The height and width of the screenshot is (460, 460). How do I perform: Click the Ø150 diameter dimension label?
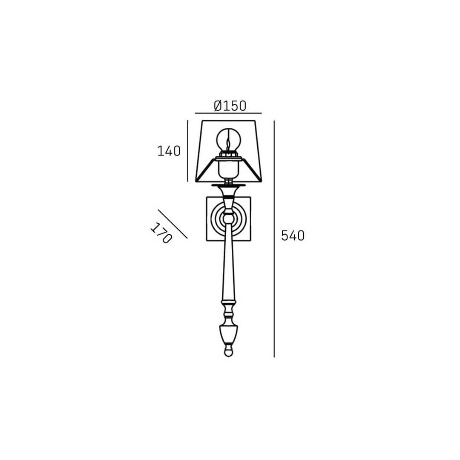coord(230,106)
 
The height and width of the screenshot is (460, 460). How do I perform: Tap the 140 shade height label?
coord(169,151)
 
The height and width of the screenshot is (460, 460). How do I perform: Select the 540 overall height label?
coord(293,236)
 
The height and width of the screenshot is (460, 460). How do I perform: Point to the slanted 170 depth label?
coord(161,233)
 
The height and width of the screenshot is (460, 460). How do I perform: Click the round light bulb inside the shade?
coord(229,139)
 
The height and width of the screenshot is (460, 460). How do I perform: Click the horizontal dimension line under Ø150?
coord(228,113)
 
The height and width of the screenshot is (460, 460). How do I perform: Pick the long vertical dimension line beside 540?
coord(274,239)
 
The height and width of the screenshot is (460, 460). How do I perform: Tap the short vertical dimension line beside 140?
coord(187,151)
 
